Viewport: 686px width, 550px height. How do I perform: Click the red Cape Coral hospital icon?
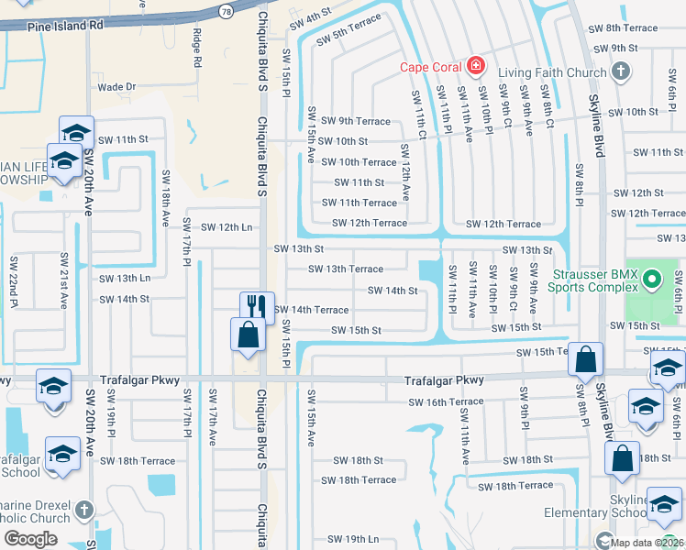click(x=475, y=65)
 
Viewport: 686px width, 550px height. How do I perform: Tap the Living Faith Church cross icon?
click(x=620, y=71)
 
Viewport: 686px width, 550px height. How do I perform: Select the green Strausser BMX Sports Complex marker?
click(x=652, y=277)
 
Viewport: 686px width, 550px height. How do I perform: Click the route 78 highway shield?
click(x=225, y=8)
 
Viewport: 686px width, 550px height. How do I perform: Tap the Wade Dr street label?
click(x=116, y=87)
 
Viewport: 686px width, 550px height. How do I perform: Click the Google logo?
click(x=30, y=539)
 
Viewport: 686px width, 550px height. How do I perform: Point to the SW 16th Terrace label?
click(x=446, y=401)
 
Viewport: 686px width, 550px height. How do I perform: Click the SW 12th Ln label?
click(x=226, y=227)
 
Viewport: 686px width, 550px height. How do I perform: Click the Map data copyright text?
click(x=647, y=542)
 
